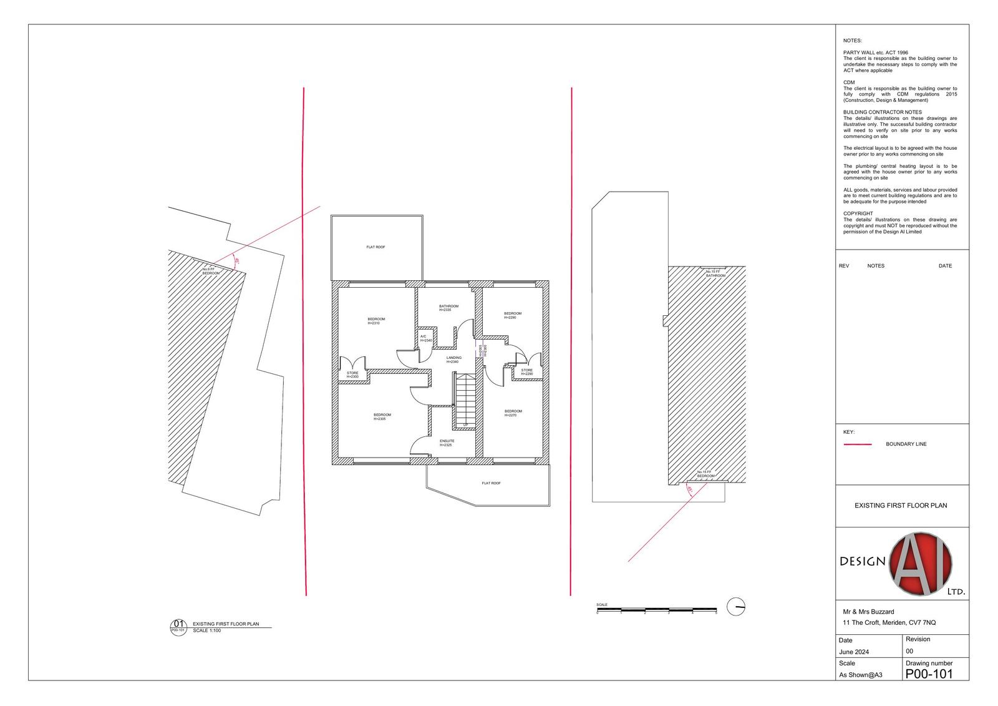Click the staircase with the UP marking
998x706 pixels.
(465, 400)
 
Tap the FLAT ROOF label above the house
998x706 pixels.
(375, 247)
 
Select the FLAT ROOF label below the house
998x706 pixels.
(491, 483)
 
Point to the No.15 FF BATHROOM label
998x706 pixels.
(715, 273)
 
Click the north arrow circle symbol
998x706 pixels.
(736, 606)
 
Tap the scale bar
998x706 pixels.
(656, 609)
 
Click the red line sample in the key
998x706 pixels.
(857, 444)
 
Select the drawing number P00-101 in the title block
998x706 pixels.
(929, 674)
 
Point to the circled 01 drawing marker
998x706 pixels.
(178, 625)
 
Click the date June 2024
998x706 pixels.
(854, 652)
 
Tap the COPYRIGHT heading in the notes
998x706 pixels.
(858, 213)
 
